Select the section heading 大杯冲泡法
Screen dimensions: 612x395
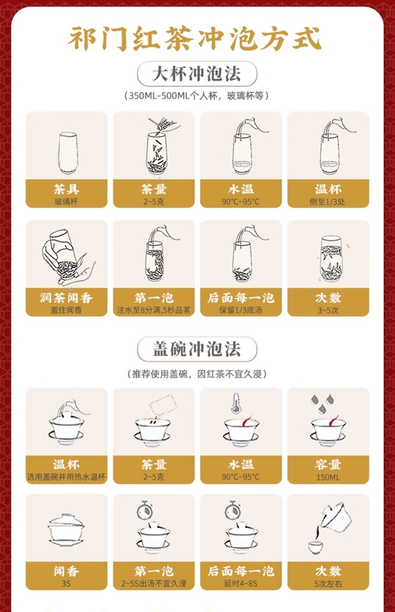click(197, 73)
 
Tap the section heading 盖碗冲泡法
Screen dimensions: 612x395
click(197, 349)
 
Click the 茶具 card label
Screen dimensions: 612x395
click(66, 189)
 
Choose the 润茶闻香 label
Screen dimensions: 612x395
click(66, 298)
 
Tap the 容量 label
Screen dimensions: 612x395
click(328, 465)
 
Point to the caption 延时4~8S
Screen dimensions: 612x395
click(241, 584)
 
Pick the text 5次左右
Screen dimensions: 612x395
click(328, 584)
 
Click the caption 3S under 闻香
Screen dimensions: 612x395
click(66, 584)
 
